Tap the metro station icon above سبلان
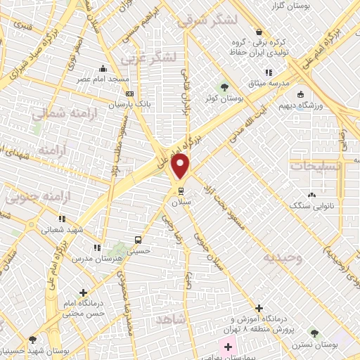tap(181, 190)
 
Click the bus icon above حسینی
tap(138, 239)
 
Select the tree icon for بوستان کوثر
tap(224, 88)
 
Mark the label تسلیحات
tap(316, 167)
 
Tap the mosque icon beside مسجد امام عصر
tap(103, 69)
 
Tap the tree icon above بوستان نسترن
tap(314, 333)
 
